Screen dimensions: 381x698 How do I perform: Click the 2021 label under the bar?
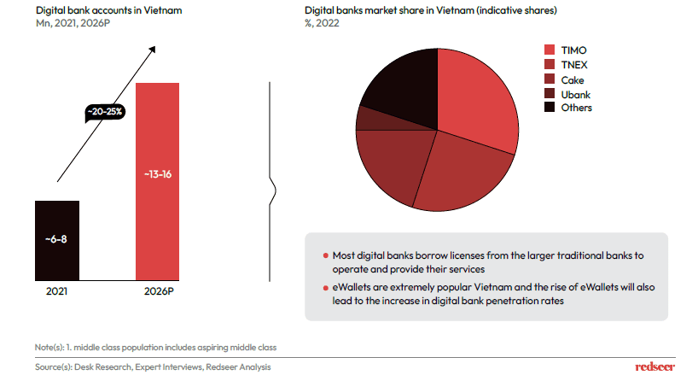coord(57,291)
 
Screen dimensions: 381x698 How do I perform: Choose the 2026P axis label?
coord(158,291)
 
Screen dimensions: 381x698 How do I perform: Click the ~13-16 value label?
coord(158,174)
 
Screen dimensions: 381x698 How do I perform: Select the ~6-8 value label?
coord(57,237)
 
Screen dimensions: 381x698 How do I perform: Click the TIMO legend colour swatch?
coord(550,50)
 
